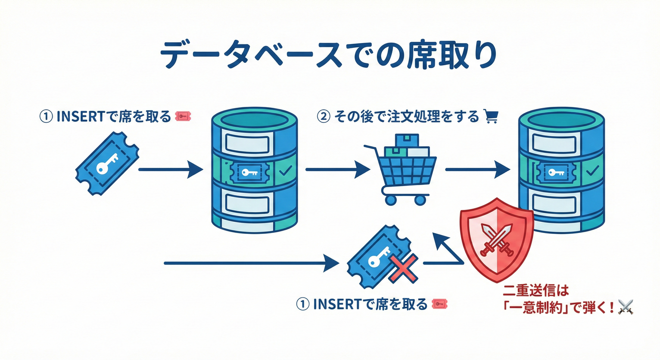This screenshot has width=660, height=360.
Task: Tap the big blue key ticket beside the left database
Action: pos(107,164)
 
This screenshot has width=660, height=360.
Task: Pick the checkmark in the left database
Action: pos(284,172)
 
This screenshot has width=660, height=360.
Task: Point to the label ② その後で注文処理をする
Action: pos(398,116)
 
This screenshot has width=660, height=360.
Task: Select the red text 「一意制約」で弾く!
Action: pos(558,308)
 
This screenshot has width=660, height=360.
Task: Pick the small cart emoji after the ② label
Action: pos(490,116)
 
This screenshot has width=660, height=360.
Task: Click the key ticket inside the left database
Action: pos(249,173)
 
